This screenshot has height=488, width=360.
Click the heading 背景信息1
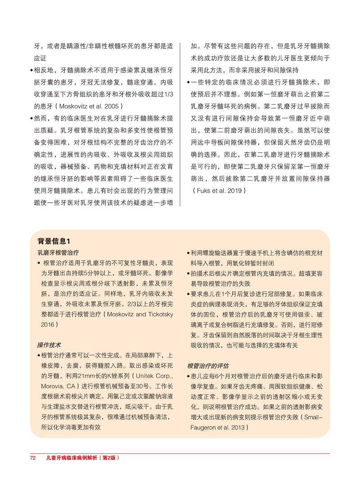[54, 242]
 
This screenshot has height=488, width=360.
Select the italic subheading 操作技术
[49, 345]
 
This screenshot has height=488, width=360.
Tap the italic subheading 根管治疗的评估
[207, 365]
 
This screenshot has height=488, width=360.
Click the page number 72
[32, 458]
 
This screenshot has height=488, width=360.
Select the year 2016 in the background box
[48, 324]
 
